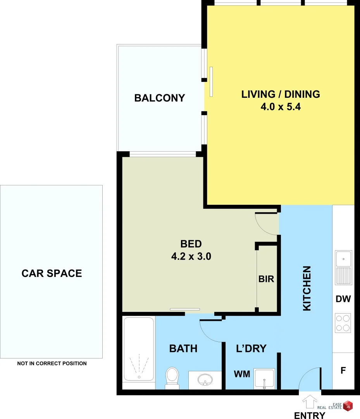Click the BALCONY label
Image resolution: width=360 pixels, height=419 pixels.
159,98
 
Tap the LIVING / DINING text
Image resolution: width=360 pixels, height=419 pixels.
281,94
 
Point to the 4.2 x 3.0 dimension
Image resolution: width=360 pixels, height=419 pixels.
191,256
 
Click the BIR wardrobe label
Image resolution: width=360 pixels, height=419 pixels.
266,279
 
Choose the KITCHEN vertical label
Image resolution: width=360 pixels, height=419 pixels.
307,288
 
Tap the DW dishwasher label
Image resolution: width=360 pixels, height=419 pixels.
343,299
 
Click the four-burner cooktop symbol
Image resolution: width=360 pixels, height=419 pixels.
343,323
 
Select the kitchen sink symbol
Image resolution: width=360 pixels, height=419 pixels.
343,268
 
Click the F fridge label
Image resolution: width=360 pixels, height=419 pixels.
343,371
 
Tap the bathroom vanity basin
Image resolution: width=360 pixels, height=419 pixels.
205,380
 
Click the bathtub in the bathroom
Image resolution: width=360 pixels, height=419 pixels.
138,349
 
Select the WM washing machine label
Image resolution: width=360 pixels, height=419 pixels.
242,374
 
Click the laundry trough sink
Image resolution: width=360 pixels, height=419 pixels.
264,378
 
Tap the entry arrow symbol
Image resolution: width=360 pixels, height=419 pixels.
310,402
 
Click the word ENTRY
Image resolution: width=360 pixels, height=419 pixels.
310,416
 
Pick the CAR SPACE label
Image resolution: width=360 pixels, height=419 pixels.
52,274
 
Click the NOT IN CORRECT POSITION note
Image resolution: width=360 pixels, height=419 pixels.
52,364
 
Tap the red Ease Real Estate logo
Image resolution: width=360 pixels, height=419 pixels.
348,405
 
